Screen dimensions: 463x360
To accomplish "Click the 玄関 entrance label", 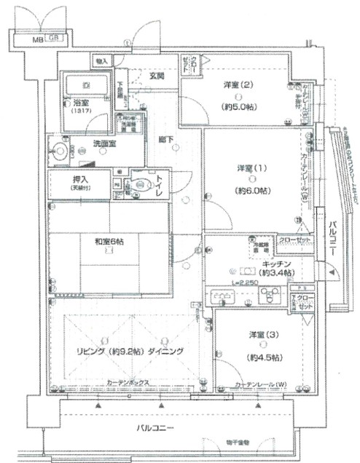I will coord(157,75).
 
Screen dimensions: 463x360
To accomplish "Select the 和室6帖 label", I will coord(109,241).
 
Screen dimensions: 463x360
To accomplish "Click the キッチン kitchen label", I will coord(278,264).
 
